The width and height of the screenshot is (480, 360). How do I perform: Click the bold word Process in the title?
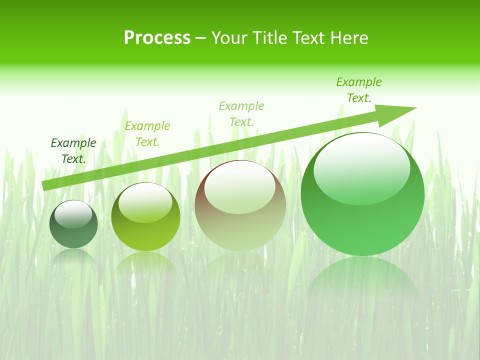point(157,38)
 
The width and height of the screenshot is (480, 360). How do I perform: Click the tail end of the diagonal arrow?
point(45,185)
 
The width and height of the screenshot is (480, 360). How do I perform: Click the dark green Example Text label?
point(73,151)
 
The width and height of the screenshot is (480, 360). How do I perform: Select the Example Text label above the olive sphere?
point(147,134)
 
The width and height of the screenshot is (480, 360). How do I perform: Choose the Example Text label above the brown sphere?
point(241,114)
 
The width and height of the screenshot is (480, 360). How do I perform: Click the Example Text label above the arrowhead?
point(359,90)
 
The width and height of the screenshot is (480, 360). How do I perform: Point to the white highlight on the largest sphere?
point(361,169)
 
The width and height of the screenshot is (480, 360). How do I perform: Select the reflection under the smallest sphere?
point(73,256)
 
